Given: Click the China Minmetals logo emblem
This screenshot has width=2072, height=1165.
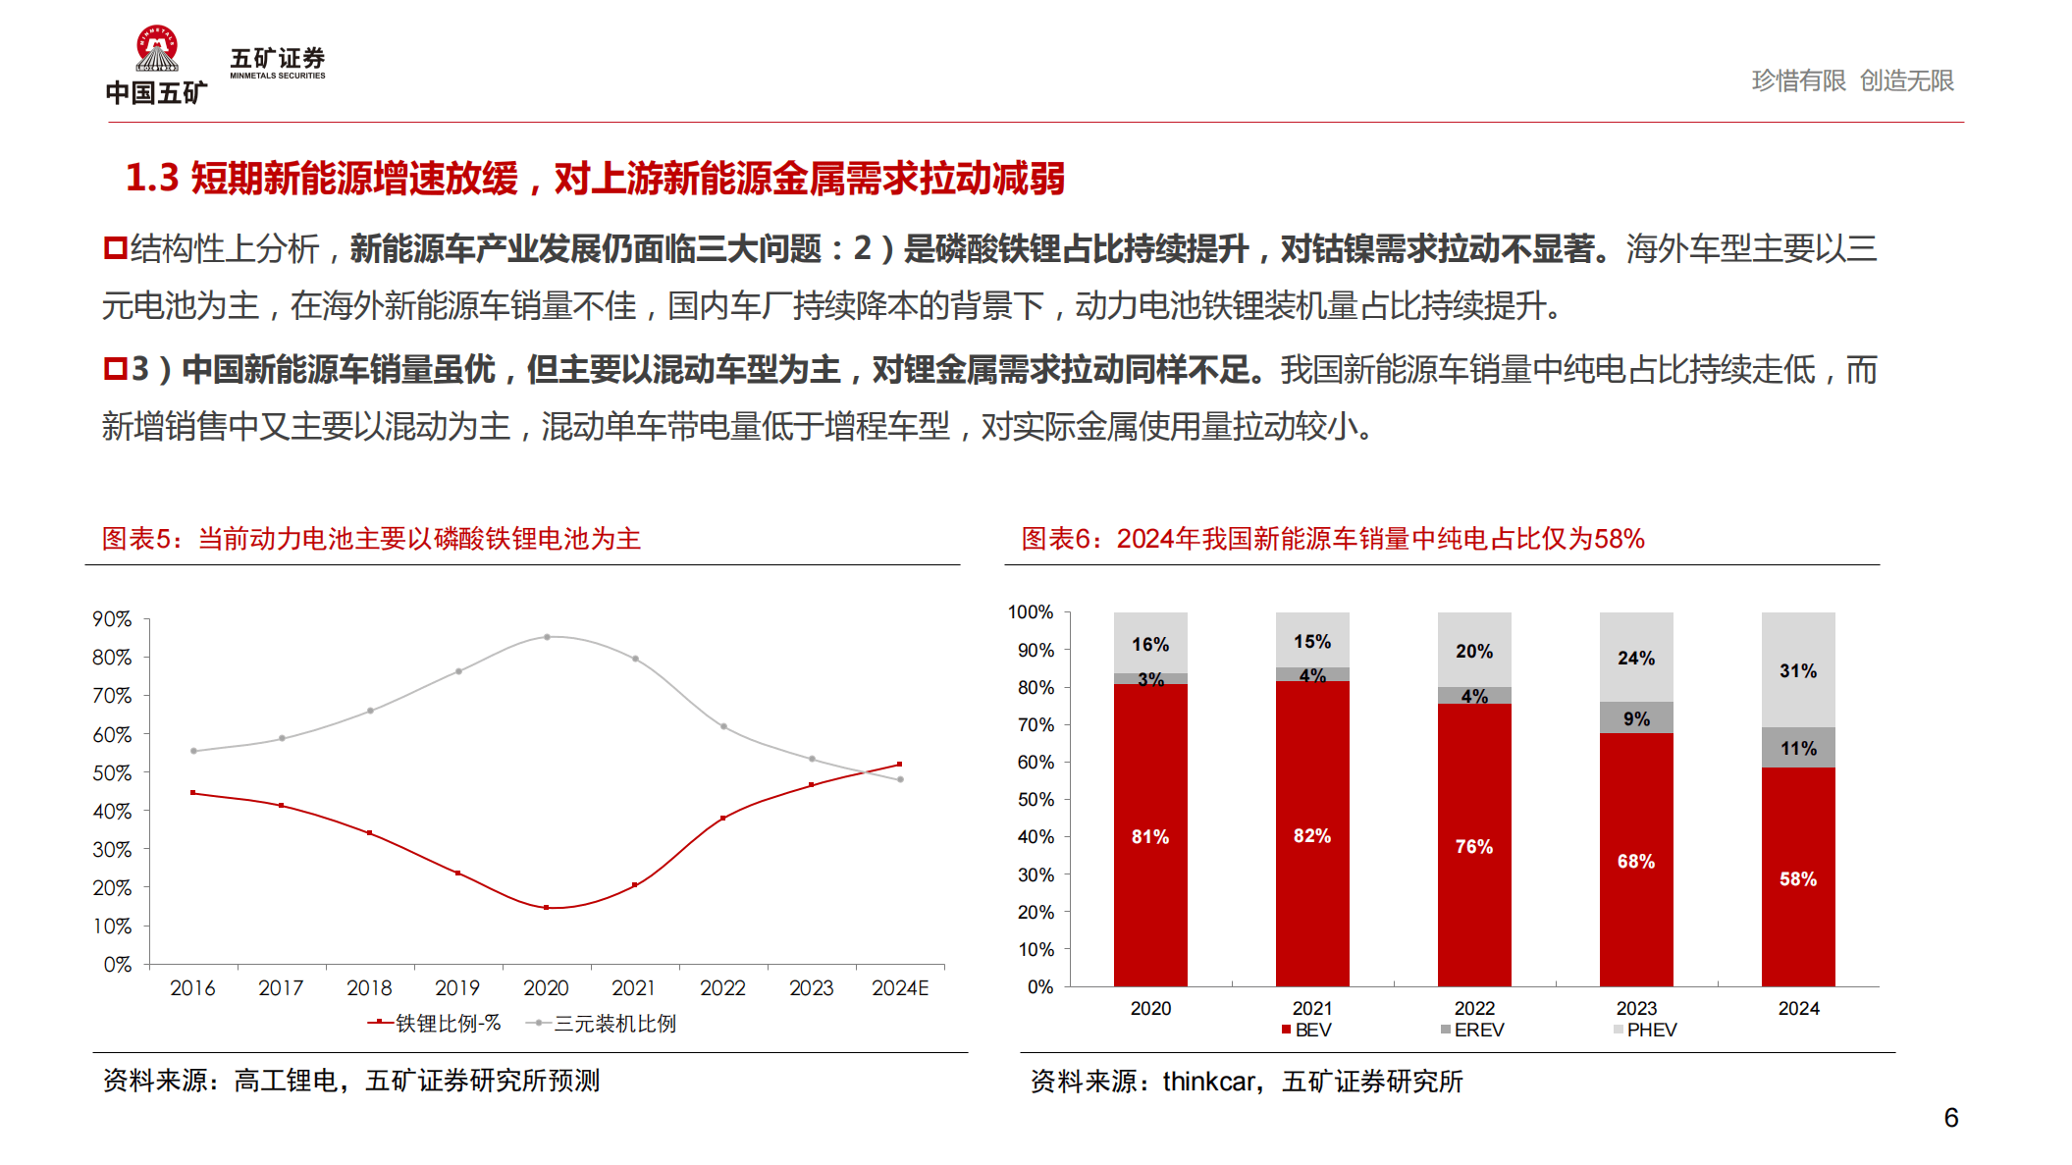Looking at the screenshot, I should coord(157,49).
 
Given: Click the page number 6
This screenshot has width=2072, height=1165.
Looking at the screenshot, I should coord(1950,1118).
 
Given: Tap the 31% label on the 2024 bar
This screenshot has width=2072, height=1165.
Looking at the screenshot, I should coord(1797,671).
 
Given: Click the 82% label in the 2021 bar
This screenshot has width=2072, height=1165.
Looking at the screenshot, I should coord(1312,836).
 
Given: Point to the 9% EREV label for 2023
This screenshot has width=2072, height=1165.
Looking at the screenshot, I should coord(1636,718).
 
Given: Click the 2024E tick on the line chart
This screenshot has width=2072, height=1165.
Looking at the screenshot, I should coord(900,988).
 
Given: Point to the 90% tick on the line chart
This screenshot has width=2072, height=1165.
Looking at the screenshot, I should coord(112,619).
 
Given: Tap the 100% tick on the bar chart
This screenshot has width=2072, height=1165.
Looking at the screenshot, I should coord(1031,612).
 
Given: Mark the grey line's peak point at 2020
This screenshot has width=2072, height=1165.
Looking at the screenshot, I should coord(547,637).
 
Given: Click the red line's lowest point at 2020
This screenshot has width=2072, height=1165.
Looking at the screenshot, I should coord(547,908).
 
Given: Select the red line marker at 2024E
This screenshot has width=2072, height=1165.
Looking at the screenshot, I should coord(900,764).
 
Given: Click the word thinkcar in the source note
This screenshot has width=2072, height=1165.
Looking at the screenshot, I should coord(1208,1082).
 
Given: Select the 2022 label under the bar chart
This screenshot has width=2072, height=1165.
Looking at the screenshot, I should coord(1474,1008).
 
